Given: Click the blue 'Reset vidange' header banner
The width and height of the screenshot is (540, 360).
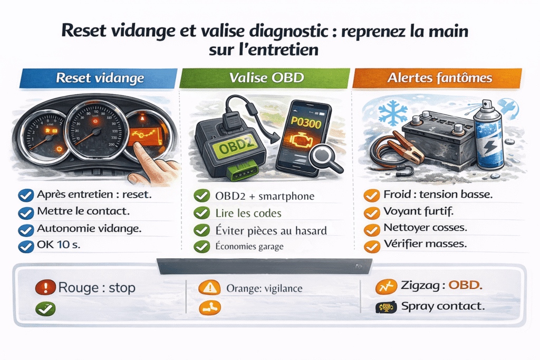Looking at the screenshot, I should pyautogui.click(x=99, y=79).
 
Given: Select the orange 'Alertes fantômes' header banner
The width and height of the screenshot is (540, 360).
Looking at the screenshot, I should pyautogui.click(x=439, y=79).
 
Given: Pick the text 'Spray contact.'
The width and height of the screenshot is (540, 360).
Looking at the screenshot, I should pyautogui.click(x=442, y=306).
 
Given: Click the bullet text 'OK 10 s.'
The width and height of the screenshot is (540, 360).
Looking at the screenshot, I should pyautogui.click(x=59, y=246).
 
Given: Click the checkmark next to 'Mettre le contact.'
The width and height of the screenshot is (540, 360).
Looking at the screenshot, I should pyautogui.click(x=25, y=213).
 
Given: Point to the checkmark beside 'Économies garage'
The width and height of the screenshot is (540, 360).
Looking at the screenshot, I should pyautogui.click(x=201, y=246).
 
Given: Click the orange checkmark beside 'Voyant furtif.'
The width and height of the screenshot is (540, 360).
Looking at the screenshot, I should pyautogui.click(x=372, y=212).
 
